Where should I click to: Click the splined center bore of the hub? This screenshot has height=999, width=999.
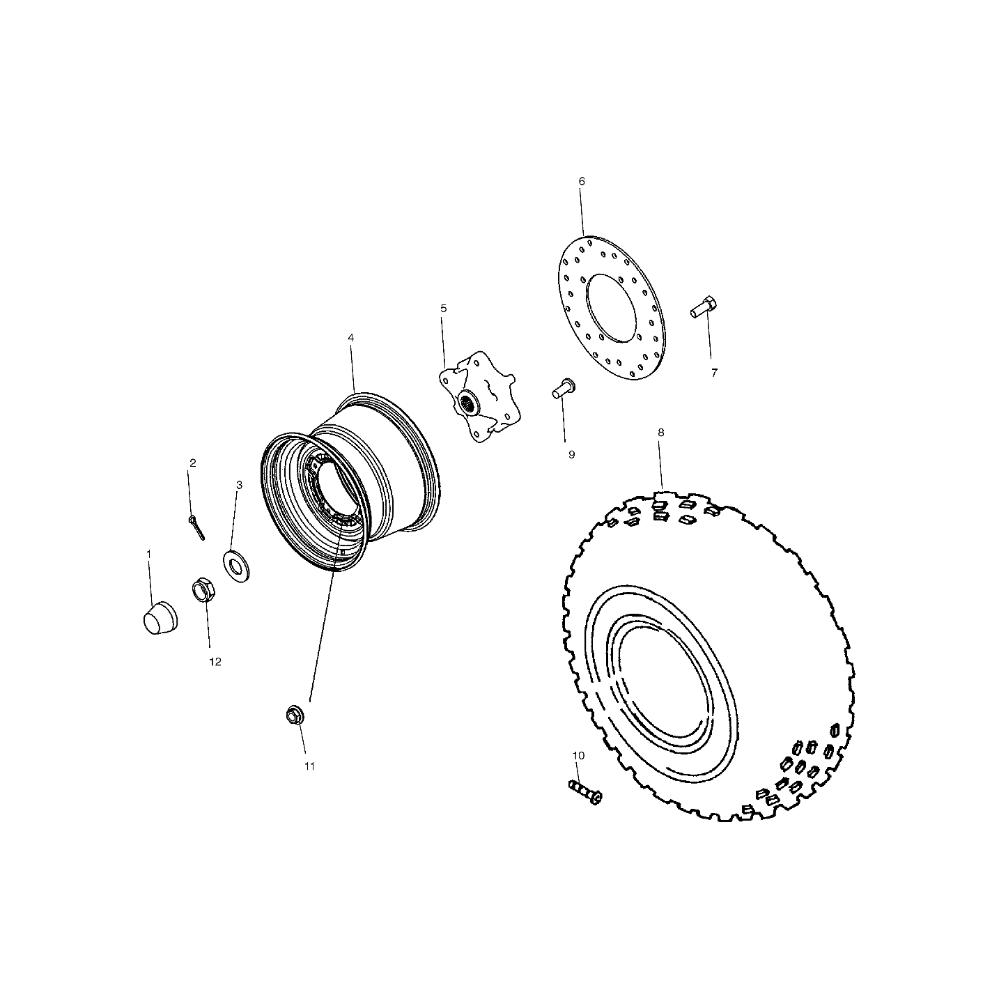469,402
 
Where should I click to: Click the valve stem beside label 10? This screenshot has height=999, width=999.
585,791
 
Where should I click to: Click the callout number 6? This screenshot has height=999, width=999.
582,181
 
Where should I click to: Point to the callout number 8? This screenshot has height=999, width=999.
660,432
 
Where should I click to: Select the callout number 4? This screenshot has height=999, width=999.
350,337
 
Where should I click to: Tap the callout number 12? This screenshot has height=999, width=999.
215,662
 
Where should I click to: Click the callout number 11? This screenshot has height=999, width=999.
309,766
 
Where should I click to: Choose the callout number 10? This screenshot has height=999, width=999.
578,755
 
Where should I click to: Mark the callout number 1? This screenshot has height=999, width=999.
148,553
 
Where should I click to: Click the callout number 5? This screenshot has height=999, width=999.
443,308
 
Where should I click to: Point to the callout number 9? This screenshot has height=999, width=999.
571,454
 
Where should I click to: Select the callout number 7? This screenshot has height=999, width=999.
714,373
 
